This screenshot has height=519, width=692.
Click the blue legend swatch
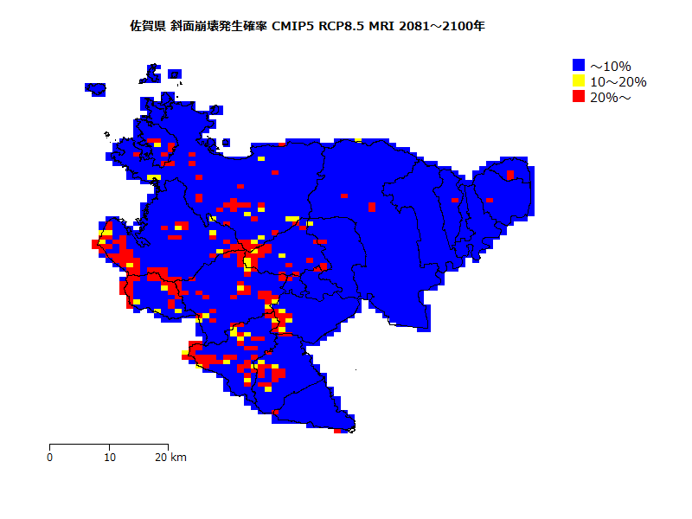pos(579,65)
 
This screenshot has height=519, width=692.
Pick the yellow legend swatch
pos(579,80)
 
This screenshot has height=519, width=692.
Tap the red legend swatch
pos(579,96)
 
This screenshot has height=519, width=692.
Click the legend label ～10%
pos(611,66)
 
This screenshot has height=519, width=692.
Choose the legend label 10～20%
pos(618,81)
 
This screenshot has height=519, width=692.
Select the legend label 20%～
pos(611,97)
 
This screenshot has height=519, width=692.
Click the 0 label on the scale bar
pos(50,458)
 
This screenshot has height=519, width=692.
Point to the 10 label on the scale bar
pos(109,458)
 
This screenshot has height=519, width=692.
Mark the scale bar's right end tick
pos(168,446)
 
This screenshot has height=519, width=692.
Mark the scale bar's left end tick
pos(50,446)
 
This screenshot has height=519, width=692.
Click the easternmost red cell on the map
pos(510,176)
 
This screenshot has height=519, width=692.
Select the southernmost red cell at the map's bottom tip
pos(337,431)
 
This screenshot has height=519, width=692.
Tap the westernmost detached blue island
pos(95,88)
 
